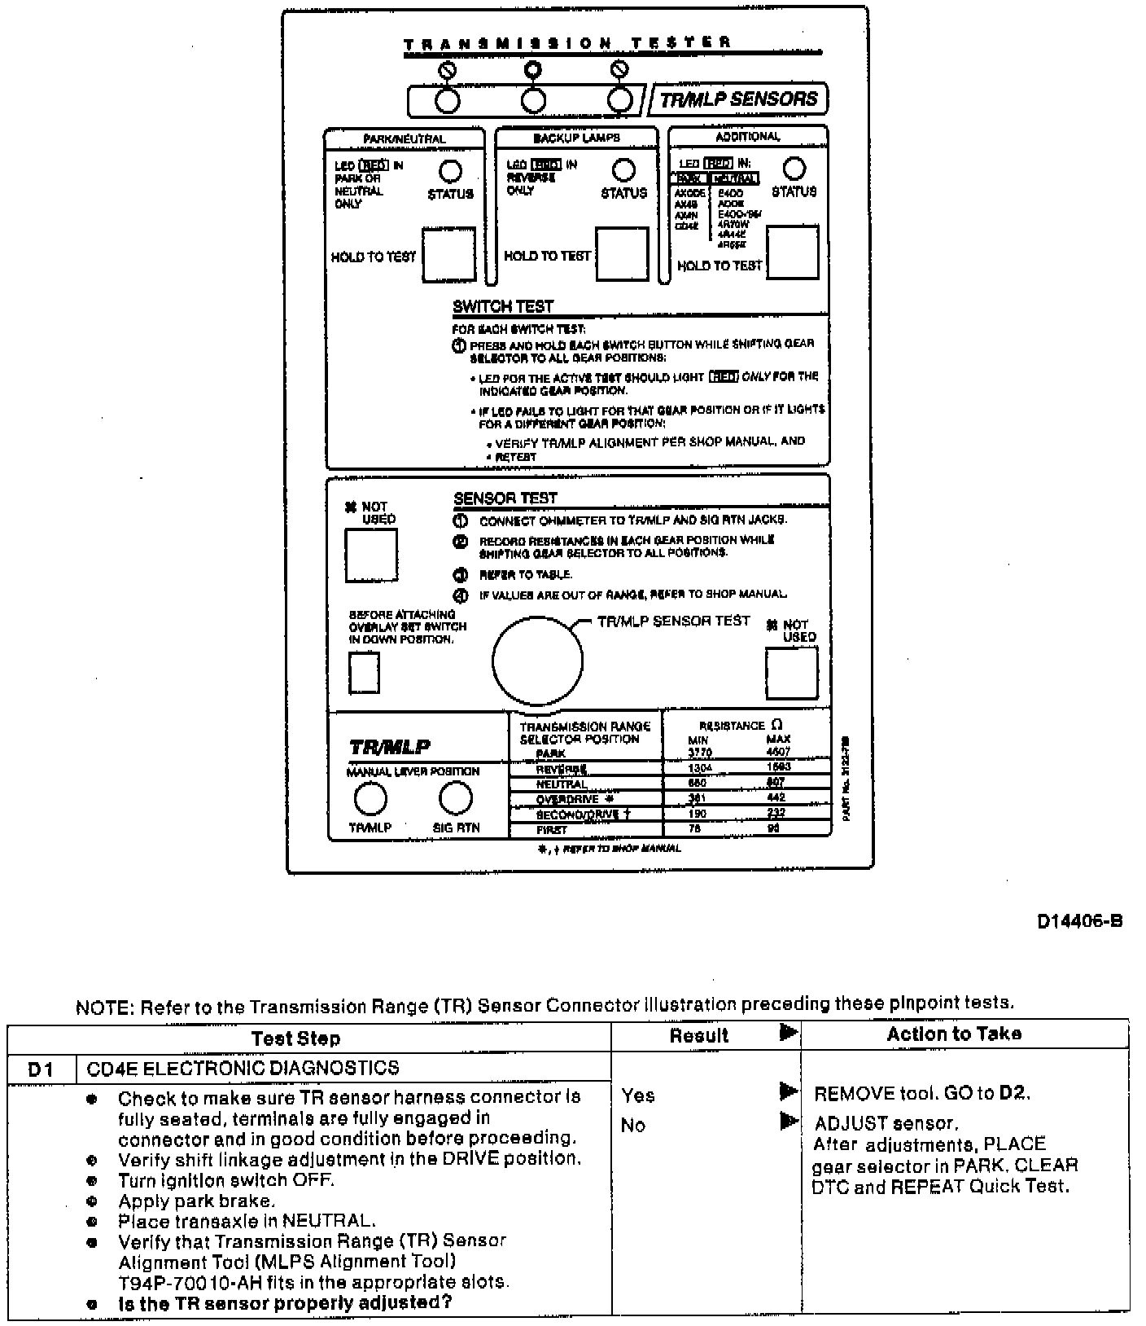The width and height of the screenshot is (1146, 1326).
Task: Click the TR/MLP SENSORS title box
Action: click(x=738, y=99)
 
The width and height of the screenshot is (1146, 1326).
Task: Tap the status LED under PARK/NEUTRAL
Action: click(x=450, y=171)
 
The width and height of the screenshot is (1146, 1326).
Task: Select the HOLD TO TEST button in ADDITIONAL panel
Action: click(x=793, y=252)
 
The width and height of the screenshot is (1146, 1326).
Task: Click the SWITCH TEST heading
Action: click(x=503, y=306)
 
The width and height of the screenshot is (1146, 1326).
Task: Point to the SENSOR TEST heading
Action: click(x=505, y=498)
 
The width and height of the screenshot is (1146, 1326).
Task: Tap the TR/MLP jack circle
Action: click(x=370, y=799)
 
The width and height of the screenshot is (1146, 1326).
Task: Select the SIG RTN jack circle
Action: click(x=456, y=799)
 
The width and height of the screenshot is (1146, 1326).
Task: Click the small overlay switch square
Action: click(x=364, y=674)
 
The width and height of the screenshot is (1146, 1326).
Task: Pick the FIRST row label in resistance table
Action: click(x=551, y=829)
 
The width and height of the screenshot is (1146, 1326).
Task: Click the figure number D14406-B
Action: click(x=1079, y=921)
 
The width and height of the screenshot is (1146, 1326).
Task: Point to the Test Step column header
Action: click(x=295, y=1038)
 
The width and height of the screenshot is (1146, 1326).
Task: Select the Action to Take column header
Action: click(x=954, y=1034)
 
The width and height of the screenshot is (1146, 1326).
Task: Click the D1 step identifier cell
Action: click(x=41, y=1069)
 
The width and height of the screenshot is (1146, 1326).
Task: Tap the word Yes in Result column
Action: click(x=638, y=1095)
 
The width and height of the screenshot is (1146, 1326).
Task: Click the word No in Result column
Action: click(x=633, y=1125)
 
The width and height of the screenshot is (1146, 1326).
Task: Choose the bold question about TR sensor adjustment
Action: click(x=285, y=1302)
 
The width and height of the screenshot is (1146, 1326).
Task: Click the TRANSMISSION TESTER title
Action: click(x=567, y=43)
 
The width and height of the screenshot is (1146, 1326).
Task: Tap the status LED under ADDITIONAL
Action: click(x=794, y=169)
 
